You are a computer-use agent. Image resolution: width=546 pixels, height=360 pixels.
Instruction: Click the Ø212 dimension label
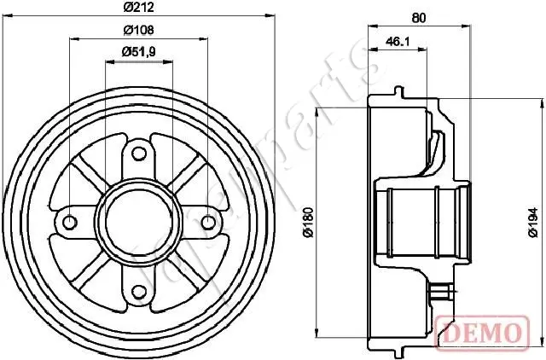click(138, 8)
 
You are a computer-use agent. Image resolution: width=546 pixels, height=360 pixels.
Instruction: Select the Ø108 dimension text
click(138, 31)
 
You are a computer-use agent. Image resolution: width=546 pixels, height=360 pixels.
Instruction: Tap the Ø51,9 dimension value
click(138, 52)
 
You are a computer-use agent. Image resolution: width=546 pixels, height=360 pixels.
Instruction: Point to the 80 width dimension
click(419, 18)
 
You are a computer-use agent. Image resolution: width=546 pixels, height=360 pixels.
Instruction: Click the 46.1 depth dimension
click(398, 42)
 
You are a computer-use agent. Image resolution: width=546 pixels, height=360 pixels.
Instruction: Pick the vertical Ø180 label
click(309, 223)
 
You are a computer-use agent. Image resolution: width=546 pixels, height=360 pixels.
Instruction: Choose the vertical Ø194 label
click(532, 223)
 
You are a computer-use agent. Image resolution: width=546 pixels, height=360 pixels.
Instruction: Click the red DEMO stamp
click(482, 333)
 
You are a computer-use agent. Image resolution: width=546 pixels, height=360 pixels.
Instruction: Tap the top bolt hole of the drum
click(139, 154)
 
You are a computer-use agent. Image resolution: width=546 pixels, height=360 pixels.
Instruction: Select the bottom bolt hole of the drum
click(139, 292)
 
